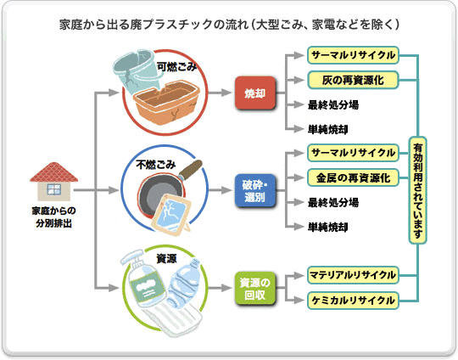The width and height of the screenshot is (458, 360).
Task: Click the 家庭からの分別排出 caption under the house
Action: pos(53,216)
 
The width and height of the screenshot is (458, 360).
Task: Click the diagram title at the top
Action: pos(229,23)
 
